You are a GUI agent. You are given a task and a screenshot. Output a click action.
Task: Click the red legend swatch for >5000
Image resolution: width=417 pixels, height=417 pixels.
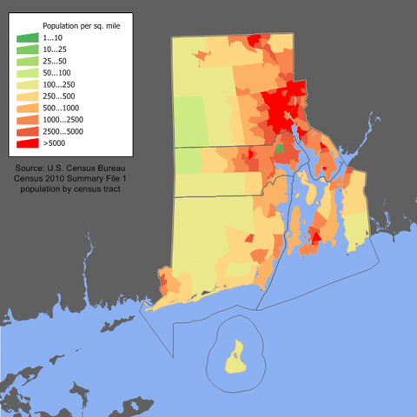[29, 142]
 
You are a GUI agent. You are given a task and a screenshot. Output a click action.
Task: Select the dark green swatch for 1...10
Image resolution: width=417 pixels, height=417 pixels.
[29, 37]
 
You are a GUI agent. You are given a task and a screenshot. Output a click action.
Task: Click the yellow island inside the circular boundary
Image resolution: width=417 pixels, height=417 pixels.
[235, 357]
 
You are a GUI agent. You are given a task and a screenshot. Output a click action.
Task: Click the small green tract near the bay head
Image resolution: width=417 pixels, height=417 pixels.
[279, 149]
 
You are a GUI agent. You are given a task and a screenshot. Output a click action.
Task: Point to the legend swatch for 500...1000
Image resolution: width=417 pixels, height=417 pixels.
[29, 107]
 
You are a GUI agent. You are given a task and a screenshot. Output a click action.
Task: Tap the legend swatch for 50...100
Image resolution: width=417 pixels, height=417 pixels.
[29, 72]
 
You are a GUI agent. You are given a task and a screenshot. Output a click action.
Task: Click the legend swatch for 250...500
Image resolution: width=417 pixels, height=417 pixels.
[29, 96]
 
